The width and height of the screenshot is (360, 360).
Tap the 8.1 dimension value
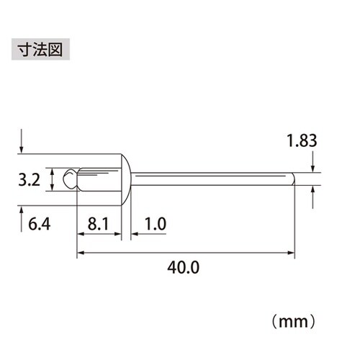[x=96, y=225]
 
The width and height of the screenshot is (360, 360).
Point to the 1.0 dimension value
[x=154, y=225]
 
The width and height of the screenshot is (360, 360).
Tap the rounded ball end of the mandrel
[x=69, y=179]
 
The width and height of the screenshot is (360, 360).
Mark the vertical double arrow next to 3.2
[x=52, y=179]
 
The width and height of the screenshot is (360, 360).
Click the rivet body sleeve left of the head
[x=97, y=179]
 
